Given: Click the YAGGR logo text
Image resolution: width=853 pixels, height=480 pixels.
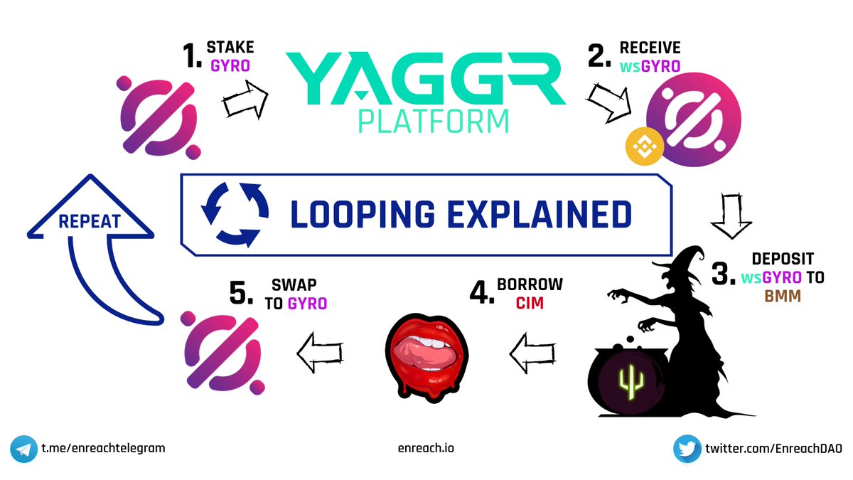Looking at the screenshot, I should coord(425,74).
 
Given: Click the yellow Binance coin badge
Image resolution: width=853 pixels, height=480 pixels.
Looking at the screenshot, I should coord(644,146).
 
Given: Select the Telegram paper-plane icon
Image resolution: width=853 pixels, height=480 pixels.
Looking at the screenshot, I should coord(23,449).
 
